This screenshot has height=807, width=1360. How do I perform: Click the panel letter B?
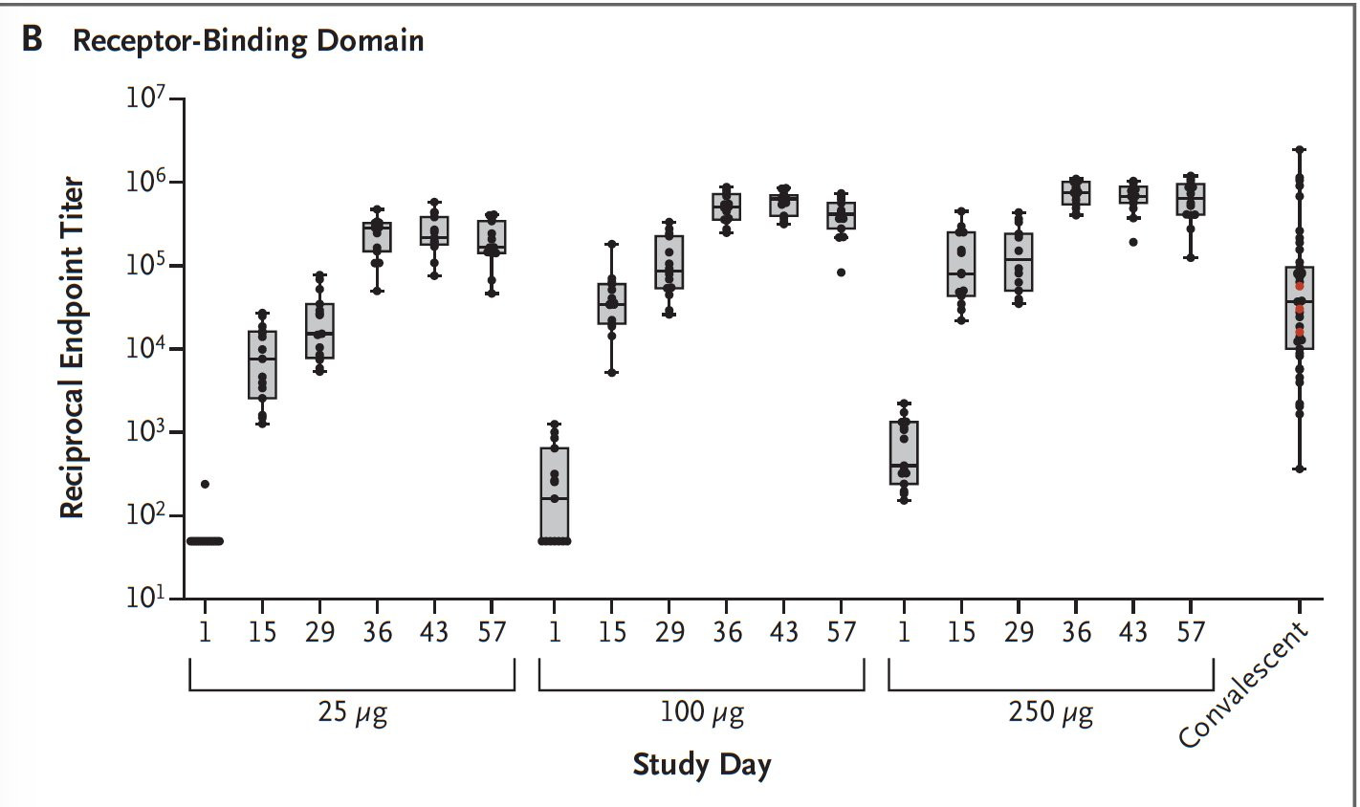pos(33,41)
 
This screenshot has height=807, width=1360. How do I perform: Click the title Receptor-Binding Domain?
pos(249,41)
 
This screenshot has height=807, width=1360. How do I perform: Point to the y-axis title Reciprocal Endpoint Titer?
pos(73,349)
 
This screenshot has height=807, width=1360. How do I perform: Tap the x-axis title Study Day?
pos(701,765)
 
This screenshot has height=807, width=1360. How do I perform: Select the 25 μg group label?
pos(352,713)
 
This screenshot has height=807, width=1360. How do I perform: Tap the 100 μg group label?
pos(701,713)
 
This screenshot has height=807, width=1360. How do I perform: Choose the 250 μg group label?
pos(1050,713)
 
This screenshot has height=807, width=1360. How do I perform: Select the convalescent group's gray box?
pos(1299,308)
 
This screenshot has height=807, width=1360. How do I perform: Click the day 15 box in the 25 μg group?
pos(262,364)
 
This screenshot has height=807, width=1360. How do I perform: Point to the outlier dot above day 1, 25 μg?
pos(205,484)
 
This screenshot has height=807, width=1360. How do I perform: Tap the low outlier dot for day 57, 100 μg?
pos(842,273)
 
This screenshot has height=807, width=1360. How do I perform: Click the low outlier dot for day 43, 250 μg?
pos(1133,242)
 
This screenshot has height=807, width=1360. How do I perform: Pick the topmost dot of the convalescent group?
pos(1299,150)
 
